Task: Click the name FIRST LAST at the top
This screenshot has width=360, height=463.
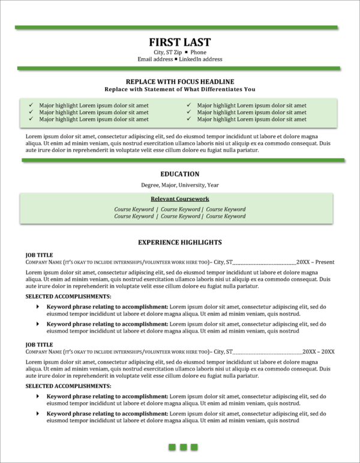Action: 179,42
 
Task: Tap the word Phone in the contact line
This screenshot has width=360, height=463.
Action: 198,52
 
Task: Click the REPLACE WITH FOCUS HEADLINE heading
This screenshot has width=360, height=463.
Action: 179,81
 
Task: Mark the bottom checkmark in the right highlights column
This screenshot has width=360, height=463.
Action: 188,119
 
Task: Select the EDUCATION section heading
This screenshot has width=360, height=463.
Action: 179,174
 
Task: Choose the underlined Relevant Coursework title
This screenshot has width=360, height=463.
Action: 179,199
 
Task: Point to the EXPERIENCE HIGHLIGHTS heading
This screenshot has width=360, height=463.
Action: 179,243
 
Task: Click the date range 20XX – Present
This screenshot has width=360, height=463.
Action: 315,262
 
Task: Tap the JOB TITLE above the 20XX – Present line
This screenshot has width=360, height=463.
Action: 40,255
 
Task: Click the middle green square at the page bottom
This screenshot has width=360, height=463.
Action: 182,447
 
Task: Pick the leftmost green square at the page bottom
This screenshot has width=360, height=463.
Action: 171,447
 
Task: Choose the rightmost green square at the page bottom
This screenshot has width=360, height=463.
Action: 194,447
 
